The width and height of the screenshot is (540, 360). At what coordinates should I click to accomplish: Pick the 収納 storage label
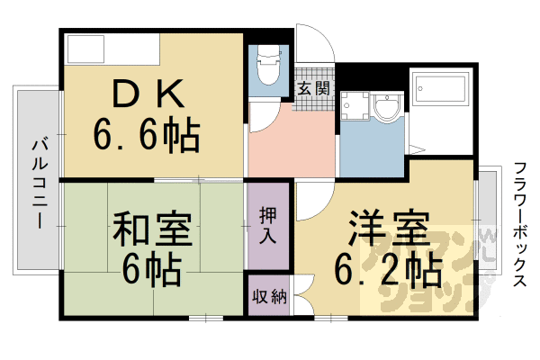pos(268,297)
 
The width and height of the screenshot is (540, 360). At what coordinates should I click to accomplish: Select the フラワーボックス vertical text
pos(519,225)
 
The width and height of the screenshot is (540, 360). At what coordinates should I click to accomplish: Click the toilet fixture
pos(268,68)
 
